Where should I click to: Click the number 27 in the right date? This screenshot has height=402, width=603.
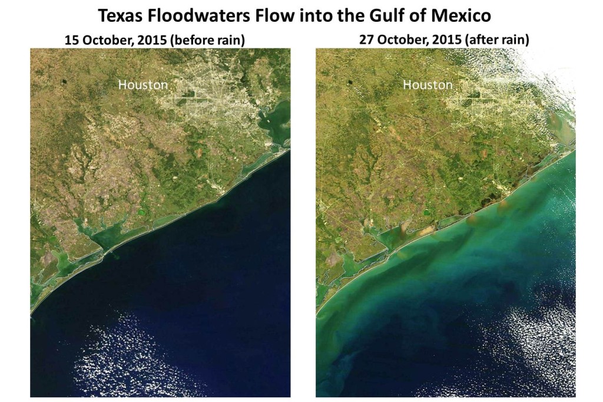pos(366,41)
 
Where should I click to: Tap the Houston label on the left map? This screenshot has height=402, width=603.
pos(143,85)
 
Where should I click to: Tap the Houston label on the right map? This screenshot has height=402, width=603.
pos(428,85)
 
